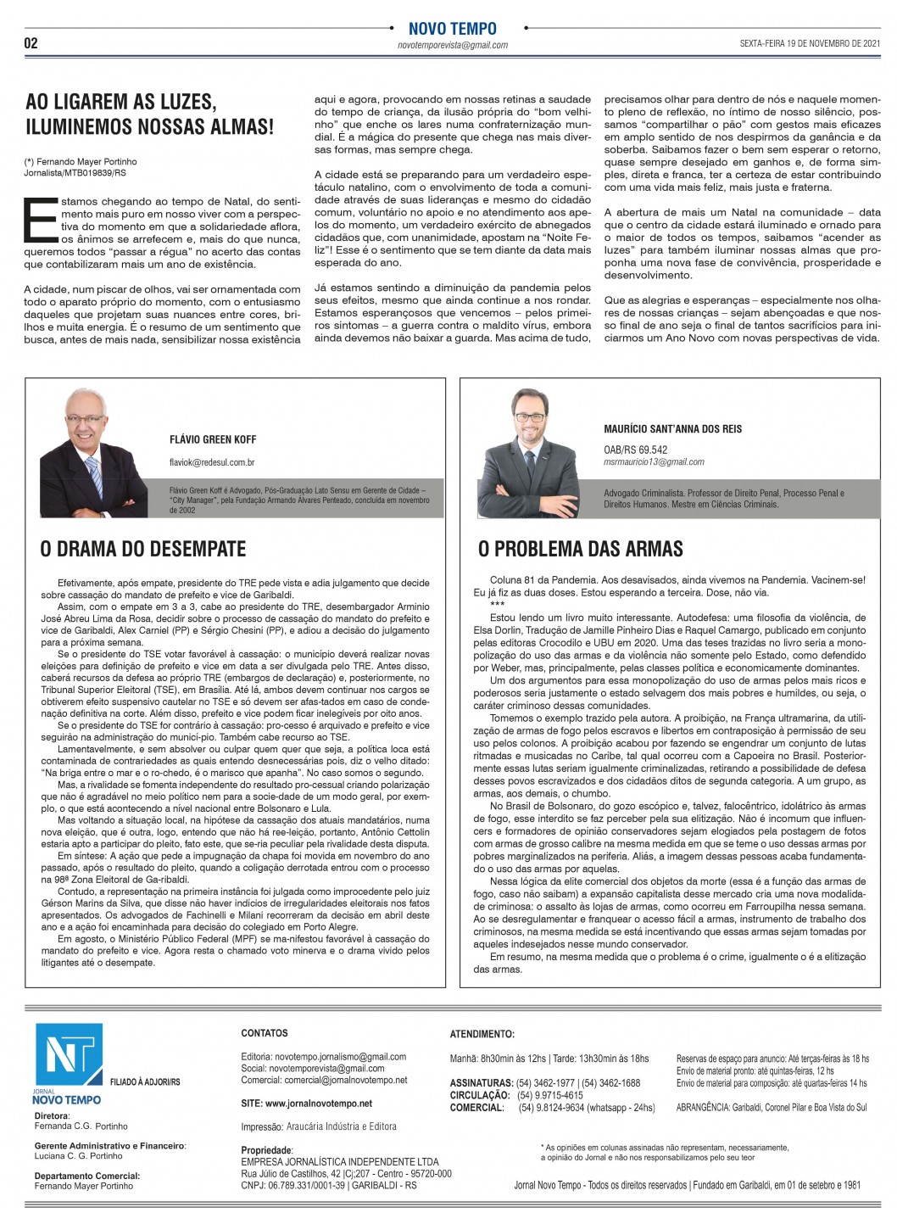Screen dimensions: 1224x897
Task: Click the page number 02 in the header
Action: pyautogui.click(x=31, y=43)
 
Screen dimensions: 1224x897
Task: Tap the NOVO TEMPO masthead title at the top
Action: pyautogui.click(x=452, y=29)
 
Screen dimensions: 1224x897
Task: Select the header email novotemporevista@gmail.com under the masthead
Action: pyautogui.click(x=452, y=45)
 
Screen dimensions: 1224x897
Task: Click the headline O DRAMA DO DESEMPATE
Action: pyautogui.click(x=142, y=549)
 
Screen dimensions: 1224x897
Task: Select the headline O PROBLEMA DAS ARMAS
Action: pyautogui.click(x=581, y=549)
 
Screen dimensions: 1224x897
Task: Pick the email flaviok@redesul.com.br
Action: pyautogui.click(x=212, y=463)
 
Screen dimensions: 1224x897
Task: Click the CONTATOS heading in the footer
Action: pyautogui.click(x=264, y=1033)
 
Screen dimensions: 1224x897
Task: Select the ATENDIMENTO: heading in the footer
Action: pyautogui.click(x=482, y=1035)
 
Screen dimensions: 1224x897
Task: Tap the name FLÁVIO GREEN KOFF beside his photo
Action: pyautogui.click(x=212, y=439)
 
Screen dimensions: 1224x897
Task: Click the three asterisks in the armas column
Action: pyautogui.click(x=497, y=604)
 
